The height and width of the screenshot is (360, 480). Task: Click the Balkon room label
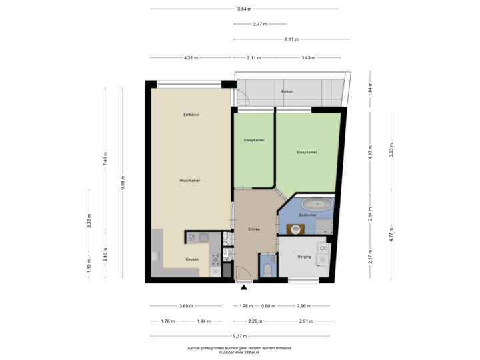tap(287, 91)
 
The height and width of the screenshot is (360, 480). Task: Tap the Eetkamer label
tap(192, 115)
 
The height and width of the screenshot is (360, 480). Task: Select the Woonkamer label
tap(190, 180)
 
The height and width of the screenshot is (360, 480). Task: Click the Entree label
tap(253, 229)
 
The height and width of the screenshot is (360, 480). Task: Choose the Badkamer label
tap(307, 215)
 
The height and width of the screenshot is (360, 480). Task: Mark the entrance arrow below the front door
tap(245, 288)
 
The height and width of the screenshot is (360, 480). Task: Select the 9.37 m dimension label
tap(237, 336)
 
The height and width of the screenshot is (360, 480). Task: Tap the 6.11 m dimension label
tap(291, 39)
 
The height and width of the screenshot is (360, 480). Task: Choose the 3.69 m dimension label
tap(186, 306)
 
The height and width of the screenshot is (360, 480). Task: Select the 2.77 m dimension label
tap(259, 24)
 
